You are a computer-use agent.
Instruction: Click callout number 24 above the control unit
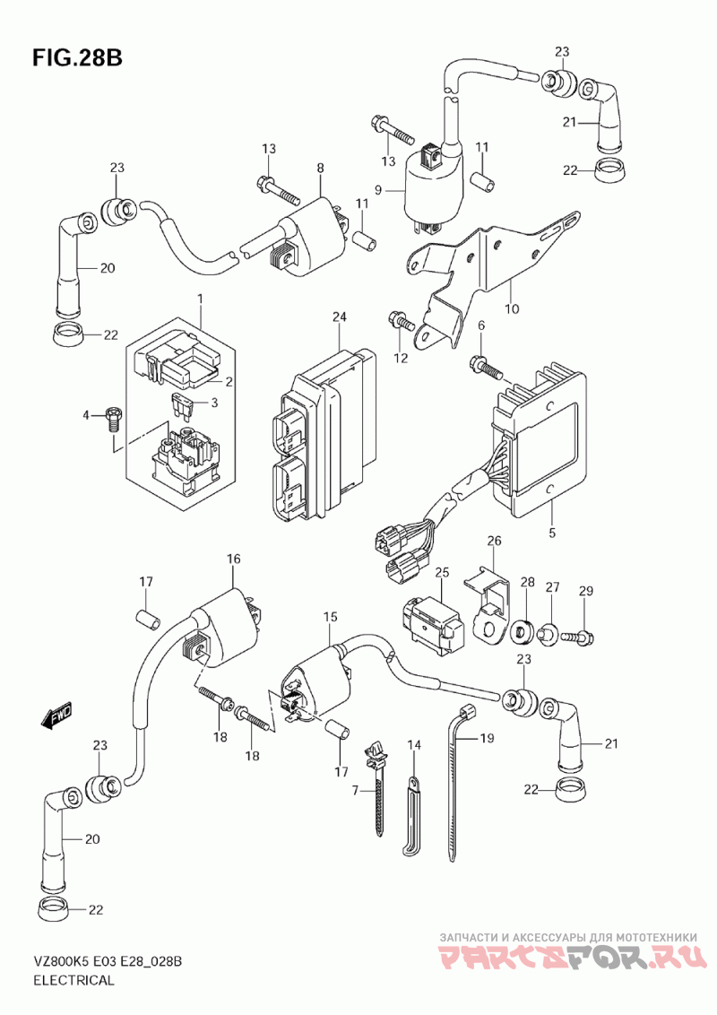[338, 317]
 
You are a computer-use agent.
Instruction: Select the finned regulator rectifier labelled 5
[536, 444]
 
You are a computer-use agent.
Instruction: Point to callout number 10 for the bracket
[512, 310]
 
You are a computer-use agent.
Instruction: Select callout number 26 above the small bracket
[494, 541]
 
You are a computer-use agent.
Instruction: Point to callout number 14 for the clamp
[414, 745]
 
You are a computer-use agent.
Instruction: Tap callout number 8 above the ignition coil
[319, 168]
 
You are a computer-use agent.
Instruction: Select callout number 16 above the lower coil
[234, 559]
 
